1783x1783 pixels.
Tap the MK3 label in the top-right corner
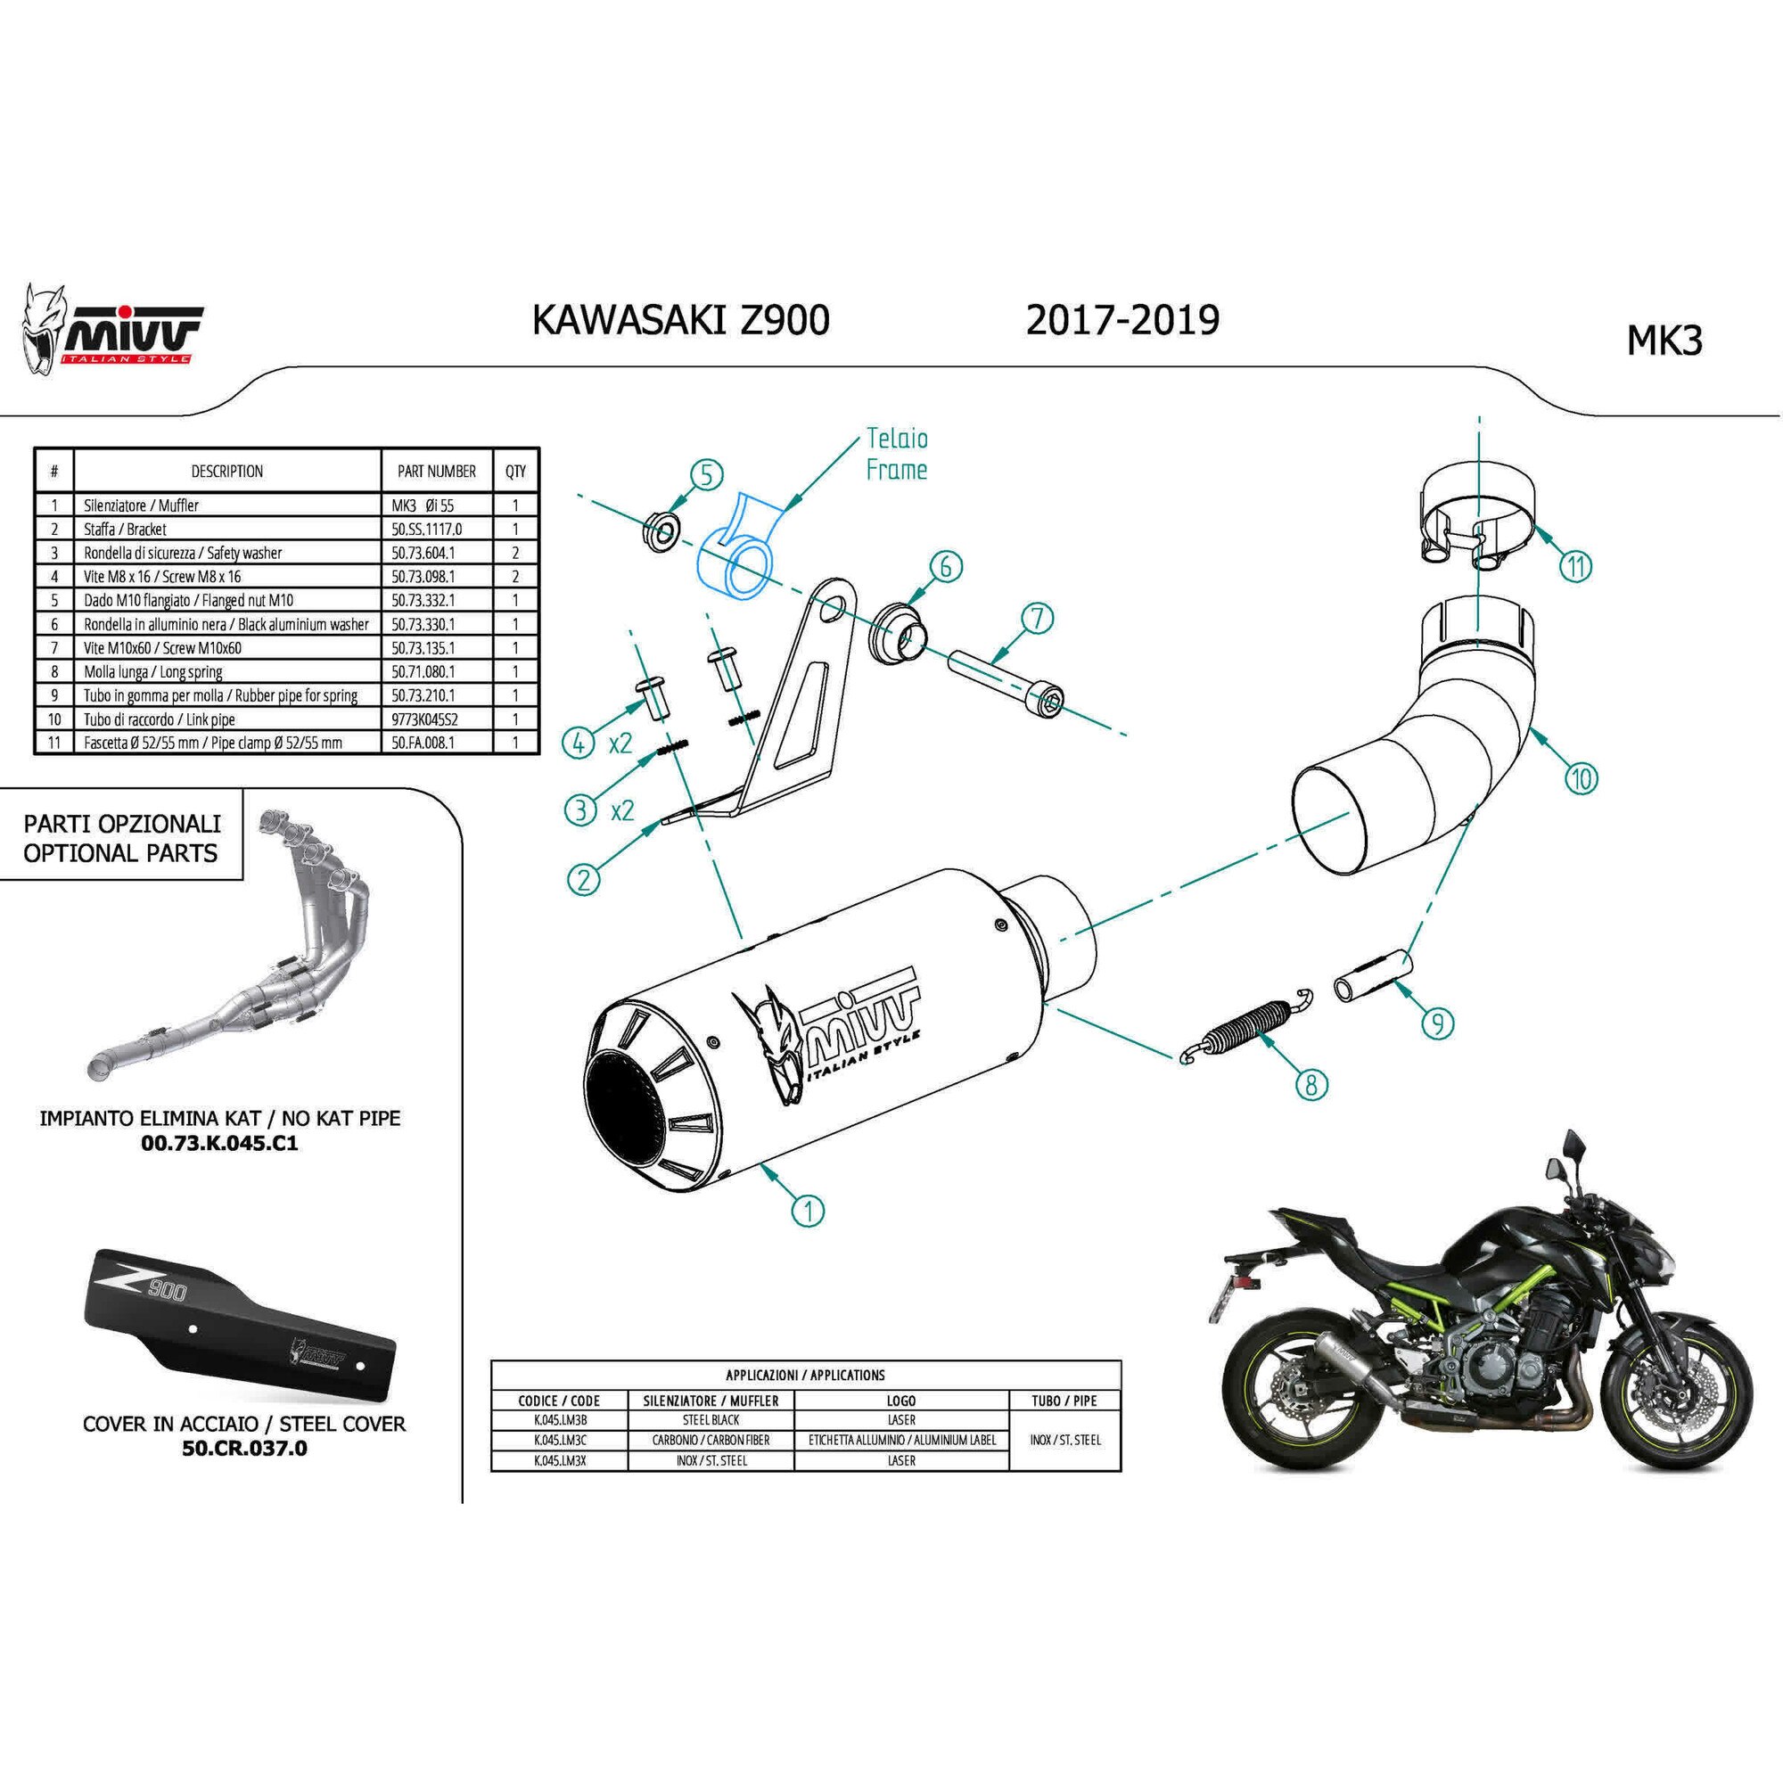pyautogui.click(x=1663, y=341)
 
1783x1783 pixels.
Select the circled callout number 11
pyautogui.click(x=1575, y=564)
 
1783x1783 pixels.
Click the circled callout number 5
pyautogui.click(x=706, y=476)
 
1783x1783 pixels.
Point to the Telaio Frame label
pyautogui.click(x=896, y=454)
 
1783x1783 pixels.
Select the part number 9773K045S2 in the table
pyautogui.click(x=423, y=719)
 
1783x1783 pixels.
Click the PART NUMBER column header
pyautogui.click(x=437, y=472)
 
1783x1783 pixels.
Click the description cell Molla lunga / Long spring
pyautogui.click(x=153, y=672)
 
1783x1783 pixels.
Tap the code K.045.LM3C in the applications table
pyautogui.click(x=559, y=1440)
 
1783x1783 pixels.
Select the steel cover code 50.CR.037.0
pyautogui.click(x=243, y=1448)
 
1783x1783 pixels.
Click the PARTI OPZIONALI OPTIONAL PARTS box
pyautogui.click(x=121, y=838)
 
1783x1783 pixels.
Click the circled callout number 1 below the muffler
pyautogui.click(x=809, y=1209)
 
